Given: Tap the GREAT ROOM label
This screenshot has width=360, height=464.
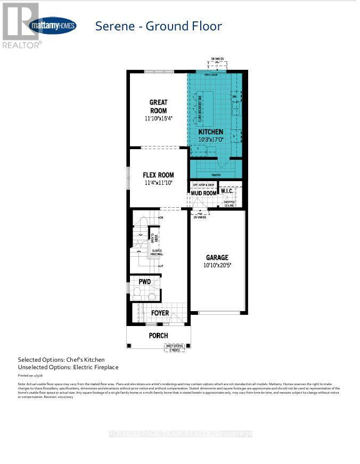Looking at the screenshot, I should tap(158, 107).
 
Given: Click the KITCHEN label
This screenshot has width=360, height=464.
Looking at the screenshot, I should tap(211, 132).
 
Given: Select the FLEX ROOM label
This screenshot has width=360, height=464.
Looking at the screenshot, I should tap(158, 175).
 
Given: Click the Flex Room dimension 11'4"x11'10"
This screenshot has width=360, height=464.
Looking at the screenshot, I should tap(158, 183).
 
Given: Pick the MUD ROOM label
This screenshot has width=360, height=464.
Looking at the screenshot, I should tap(204, 193).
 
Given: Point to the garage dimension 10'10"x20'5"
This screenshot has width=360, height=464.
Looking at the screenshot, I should tap(217, 265).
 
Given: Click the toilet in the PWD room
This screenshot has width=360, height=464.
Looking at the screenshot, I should tap(137, 292).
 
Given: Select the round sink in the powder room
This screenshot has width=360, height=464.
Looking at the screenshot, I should tap(152, 296).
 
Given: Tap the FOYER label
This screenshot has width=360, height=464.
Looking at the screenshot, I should tap(160, 313).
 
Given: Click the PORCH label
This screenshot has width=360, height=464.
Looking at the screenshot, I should tap(158, 336).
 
